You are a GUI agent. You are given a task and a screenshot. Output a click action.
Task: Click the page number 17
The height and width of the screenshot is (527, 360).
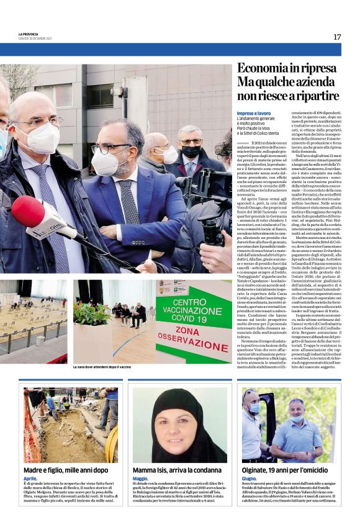[x=337, y=37]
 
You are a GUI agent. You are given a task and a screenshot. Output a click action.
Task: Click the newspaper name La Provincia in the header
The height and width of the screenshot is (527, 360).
[x=29, y=34]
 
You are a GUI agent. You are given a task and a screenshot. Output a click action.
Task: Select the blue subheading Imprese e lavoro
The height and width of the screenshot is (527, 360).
[x=253, y=113]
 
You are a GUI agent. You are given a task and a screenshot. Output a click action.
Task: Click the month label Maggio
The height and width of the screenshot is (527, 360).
[x=140, y=479]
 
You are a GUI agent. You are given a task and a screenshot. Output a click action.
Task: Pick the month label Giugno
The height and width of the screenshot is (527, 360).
[x=250, y=479]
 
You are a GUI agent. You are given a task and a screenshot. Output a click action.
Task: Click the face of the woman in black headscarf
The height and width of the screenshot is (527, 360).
[x=180, y=425]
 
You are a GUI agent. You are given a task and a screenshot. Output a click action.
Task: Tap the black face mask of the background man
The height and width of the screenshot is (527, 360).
[x=189, y=152]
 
